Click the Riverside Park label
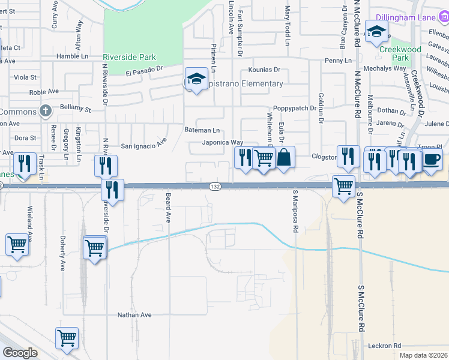click(x=130, y=58)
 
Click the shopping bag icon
click(x=285, y=158)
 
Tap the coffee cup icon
click(x=432, y=160)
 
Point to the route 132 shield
click(x=214, y=187)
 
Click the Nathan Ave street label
click(x=134, y=315)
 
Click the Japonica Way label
click(x=222, y=143)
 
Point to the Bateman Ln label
click(x=202, y=130)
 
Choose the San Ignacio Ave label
click(x=143, y=145)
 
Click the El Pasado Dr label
click(x=144, y=72)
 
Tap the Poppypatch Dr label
click(x=294, y=108)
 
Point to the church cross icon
click(x=45, y=110)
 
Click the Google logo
click(x=20, y=353)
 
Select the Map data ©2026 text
click(x=423, y=355)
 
